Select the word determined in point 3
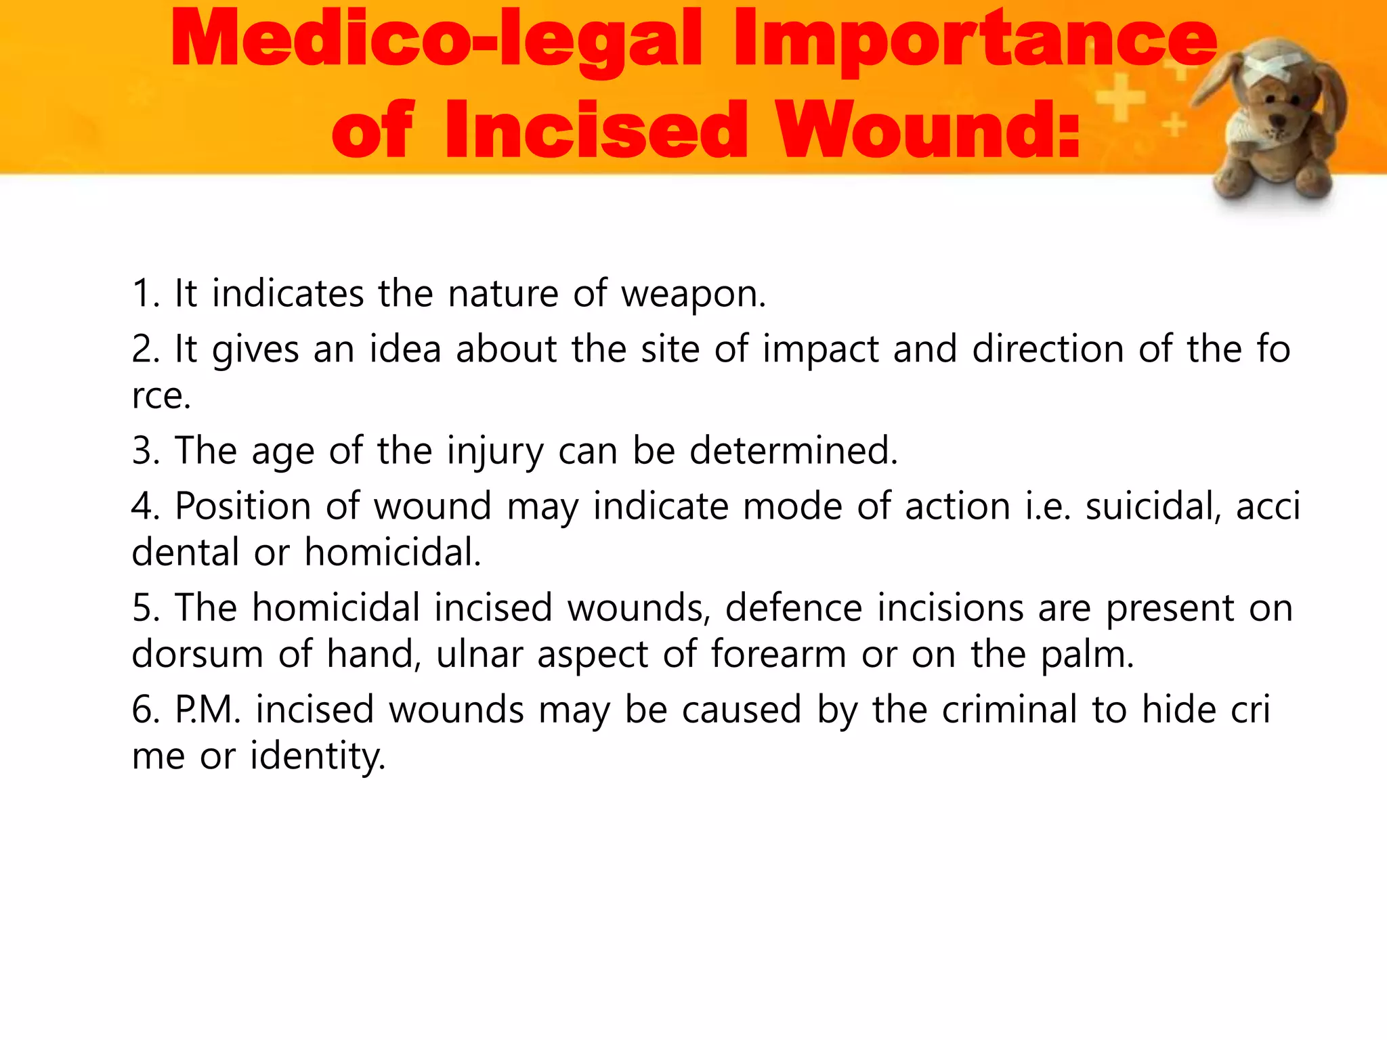[x=792, y=451]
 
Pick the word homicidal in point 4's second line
[x=392, y=552]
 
